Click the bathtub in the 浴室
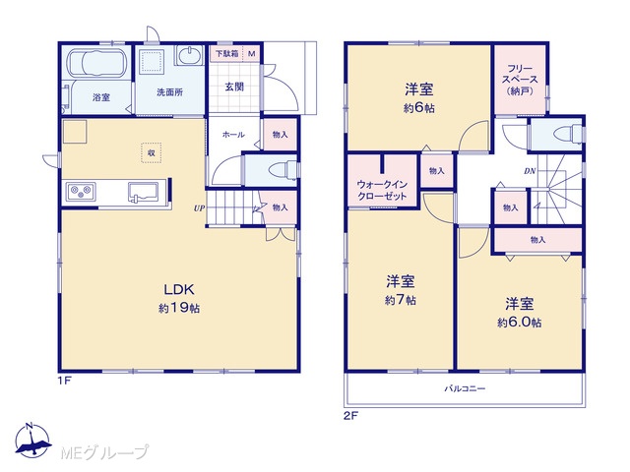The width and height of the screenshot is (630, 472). [x=96, y=63]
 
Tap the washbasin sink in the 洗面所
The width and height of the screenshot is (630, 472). [x=189, y=55]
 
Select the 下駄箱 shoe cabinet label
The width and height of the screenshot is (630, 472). [x=227, y=54]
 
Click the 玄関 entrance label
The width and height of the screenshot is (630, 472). [x=234, y=87]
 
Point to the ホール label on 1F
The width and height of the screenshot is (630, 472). [x=233, y=135]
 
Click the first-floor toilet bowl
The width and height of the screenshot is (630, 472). [x=282, y=169]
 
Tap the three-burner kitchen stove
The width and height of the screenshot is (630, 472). [x=81, y=191]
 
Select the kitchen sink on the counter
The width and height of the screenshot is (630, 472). [x=143, y=192]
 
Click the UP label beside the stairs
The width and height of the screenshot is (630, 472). [x=199, y=208]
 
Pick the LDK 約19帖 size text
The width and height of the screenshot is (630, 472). [x=179, y=308]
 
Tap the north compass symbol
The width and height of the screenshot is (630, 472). [x=32, y=441]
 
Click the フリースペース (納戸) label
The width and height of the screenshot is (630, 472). [x=520, y=80]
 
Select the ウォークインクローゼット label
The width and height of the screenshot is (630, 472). [x=382, y=190]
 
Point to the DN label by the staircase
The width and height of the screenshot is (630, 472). [x=530, y=171]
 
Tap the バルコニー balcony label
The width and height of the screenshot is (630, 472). [x=465, y=388]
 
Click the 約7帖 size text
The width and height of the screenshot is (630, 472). [x=401, y=300]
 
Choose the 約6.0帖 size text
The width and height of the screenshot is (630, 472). [x=519, y=323]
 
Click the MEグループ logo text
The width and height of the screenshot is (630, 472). [x=104, y=452]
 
